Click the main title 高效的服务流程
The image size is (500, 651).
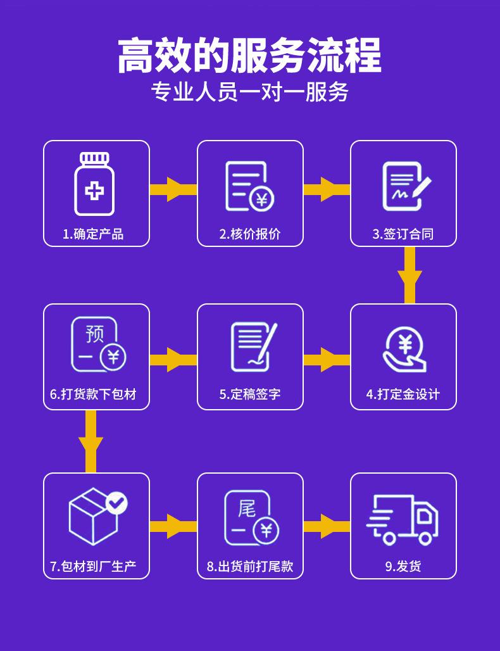click(x=249, y=56)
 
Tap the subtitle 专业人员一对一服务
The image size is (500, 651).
click(x=249, y=92)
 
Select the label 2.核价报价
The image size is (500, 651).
click(x=250, y=234)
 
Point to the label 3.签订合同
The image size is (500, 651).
click(x=403, y=234)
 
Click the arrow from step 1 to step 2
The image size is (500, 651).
click(x=173, y=189)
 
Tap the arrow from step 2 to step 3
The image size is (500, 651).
click(x=327, y=189)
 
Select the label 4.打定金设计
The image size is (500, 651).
click(x=403, y=395)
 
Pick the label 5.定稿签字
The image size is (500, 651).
click(x=250, y=395)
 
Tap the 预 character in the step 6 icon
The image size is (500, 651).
click(x=94, y=333)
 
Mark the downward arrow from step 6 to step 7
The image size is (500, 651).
click(x=91, y=441)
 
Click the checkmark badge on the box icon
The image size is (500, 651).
click(x=116, y=503)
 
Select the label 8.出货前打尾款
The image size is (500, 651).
click(x=250, y=566)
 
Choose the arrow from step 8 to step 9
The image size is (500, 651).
click(x=327, y=526)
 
